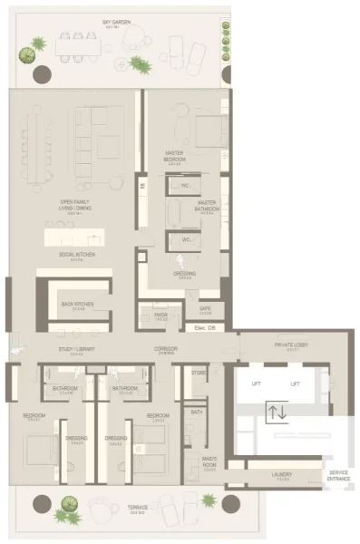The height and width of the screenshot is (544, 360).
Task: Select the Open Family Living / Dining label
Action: coord(76,205)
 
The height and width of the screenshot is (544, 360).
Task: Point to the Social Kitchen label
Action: coord(76,256)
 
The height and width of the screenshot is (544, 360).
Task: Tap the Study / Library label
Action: coord(77,348)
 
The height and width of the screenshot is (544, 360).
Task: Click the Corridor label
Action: coord(165,348)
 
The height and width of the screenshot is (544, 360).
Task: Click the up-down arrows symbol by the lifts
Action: coord(277,413)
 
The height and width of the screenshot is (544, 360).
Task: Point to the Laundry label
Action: coord(280,474)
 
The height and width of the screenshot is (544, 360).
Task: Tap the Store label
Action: coord(199,372)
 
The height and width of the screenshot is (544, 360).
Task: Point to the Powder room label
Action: coord(161,316)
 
